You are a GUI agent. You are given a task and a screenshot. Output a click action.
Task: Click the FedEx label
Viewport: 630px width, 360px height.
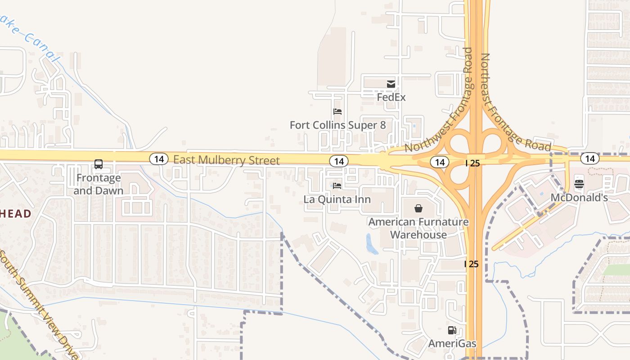[x=391, y=97]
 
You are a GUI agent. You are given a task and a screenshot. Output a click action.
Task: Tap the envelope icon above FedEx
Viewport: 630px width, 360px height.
[x=391, y=84]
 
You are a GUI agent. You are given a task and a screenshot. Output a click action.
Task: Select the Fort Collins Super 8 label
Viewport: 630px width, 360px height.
[x=337, y=125]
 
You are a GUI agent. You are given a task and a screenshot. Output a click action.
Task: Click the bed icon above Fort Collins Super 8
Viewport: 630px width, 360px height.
[x=337, y=112]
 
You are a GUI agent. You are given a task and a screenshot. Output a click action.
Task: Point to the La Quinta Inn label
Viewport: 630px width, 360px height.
[x=337, y=199]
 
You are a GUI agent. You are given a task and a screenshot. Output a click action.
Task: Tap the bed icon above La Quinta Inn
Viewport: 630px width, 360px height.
[x=337, y=186]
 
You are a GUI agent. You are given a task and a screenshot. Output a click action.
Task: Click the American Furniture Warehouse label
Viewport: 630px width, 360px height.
[x=418, y=228]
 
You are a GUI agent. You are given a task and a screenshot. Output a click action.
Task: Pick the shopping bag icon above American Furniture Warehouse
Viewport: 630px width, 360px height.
[x=418, y=208]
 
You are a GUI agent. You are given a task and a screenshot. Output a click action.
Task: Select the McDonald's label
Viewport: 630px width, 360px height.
[x=579, y=198]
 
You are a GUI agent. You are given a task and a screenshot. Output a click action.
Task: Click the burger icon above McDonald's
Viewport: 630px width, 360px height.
[x=579, y=184]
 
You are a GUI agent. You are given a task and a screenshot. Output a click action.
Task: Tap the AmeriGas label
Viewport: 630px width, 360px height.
[x=452, y=344]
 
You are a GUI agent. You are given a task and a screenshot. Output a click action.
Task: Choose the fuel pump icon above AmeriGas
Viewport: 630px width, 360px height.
[x=452, y=331]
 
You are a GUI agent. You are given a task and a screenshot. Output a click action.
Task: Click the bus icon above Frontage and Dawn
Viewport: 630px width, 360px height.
[x=99, y=164]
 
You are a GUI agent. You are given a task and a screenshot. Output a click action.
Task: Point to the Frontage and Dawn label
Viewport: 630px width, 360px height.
[x=99, y=184]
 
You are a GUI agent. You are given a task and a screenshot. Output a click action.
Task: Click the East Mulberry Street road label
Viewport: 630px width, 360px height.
[x=226, y=160]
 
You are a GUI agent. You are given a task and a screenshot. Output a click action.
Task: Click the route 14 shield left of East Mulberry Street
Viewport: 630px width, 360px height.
[x=158, y=158]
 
